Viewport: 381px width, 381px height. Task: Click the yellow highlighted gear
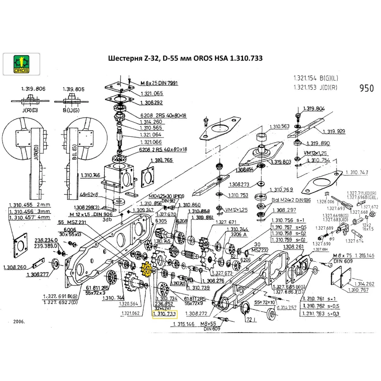click(x=146, y=269)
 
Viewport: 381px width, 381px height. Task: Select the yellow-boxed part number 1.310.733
click(x=165, y=314)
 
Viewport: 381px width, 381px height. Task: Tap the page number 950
click(x=367, y=88)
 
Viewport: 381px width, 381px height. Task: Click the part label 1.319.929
click(x=334, y=131)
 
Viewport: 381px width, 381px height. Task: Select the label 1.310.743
click(x=357, y=173)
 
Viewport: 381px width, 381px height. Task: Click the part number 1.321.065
click(x=152, y=94)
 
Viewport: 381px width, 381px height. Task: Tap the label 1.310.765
click(x=162, y=160)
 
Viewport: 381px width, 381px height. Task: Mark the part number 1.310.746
click(x=91, y=175)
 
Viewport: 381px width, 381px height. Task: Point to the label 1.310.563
click(x=280, y=126)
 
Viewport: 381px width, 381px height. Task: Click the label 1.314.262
click(x=364, y=284)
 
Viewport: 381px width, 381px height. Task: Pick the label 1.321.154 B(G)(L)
click(x=315, y=78)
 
